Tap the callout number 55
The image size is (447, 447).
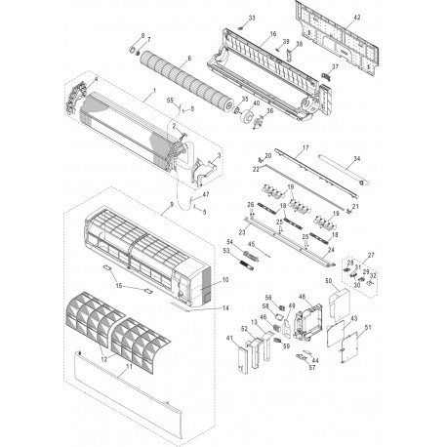tap(170, 102)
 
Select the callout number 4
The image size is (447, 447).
tap(95, 78)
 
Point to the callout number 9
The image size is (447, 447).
tap(172, 204)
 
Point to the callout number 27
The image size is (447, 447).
tap(370, 255)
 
